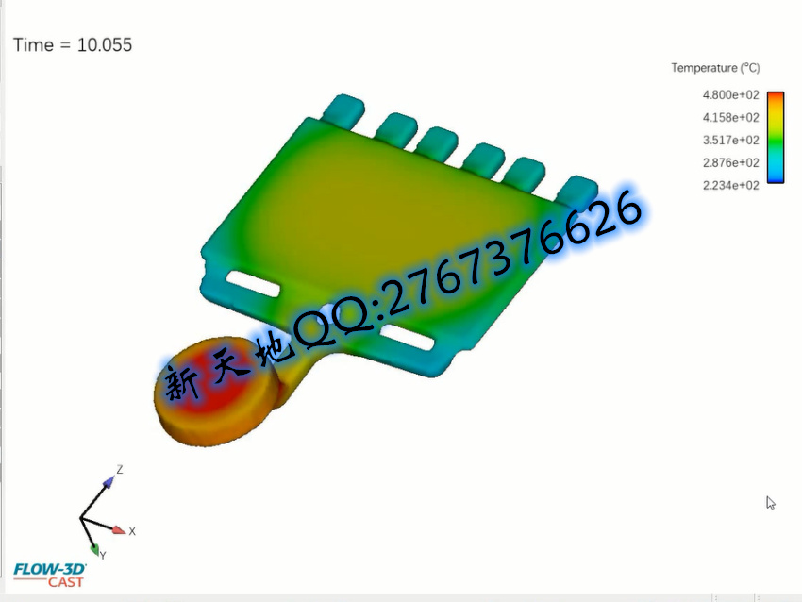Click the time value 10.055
point(105,45)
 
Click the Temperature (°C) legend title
point(715,68)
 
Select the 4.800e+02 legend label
point(730,95)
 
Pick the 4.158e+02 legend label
point(730,118)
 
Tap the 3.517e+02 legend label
point(730,141)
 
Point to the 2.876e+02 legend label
point(730,162)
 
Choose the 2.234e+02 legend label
point(730,185)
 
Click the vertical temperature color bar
point(776,137)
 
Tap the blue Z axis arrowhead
point(109,481)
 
